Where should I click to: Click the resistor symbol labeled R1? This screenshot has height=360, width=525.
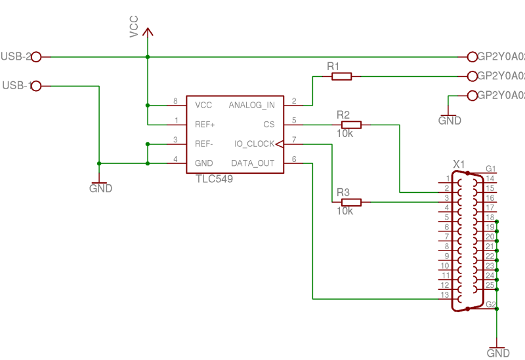(x=341, y=77)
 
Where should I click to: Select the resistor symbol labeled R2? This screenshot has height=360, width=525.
(x=351, y=125)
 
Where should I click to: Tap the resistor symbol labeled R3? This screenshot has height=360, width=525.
(x=351, y=202)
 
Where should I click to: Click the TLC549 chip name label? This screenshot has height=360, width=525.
(x=214, y=178)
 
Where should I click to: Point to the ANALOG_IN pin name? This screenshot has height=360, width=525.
(x=251, y=105)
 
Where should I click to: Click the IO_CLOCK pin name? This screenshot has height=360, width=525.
(x=255, y=144)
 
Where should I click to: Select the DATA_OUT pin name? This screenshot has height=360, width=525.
(x=253, y=163)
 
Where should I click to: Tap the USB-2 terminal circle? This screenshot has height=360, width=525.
(x=37, y=57)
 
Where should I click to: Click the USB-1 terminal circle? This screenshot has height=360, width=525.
(x=37, y=86)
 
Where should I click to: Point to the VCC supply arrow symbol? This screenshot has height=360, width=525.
(x=148, y=31)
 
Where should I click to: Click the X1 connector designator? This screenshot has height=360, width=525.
(x=459, y=163)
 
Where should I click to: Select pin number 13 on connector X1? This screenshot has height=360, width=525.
(x=445, y=296)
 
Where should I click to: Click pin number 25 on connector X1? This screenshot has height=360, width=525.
(x=490, y=285)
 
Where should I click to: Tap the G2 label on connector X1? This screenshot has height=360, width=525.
(x=491, y=304)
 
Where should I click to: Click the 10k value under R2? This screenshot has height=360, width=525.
(x=345, y=134)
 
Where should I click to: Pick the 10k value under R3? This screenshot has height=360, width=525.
(x=345, y=211)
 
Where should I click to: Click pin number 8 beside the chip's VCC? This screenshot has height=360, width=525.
(x=175, y=101)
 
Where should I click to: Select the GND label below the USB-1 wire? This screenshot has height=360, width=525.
(x=100, y=189)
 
